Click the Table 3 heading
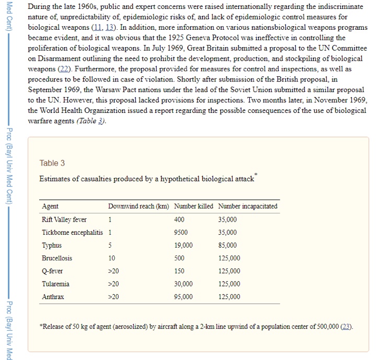click(52, 163)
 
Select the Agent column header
click(50, 206)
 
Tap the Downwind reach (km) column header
click(139, 206)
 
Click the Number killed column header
click(193, 206)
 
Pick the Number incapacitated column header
click(248, 206)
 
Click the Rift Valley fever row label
click(64, 219)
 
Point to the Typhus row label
click(52, 245)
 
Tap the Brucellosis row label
click(57, 258)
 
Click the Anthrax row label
click(53, 297)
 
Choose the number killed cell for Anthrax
click(183, 297)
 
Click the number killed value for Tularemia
click(183, 284)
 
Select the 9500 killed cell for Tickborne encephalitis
click(181, 233)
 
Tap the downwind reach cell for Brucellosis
click(111, 258)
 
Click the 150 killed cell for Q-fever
click(179, 271)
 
